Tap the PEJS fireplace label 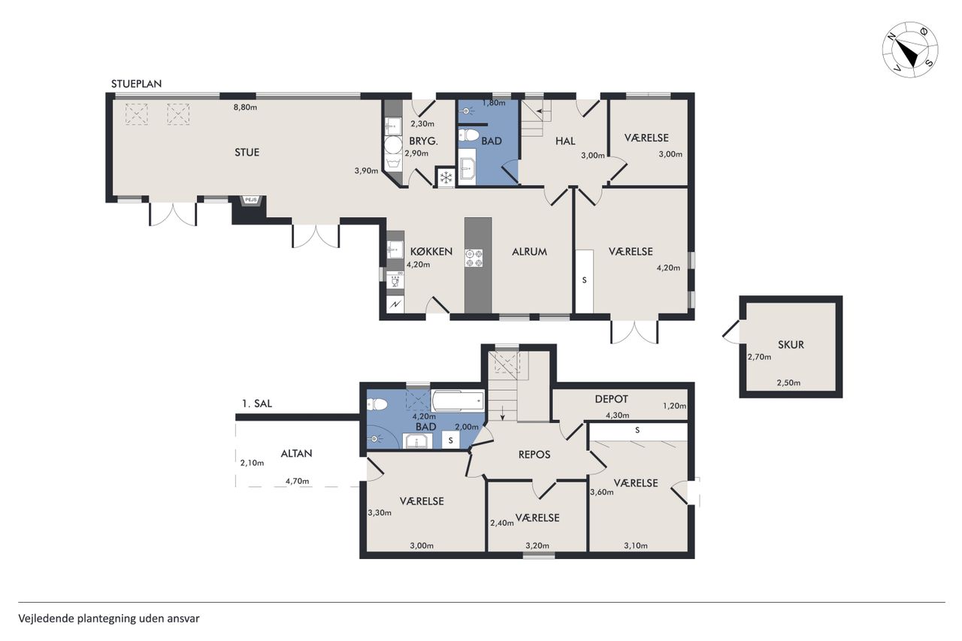point(251,200)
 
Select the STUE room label point(247,153)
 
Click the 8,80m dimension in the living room point(245,107)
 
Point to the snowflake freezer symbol point(446,177)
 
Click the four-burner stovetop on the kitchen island point(473,258)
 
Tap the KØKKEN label point(431,252)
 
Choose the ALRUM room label point(530,252)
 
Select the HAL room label point(565,141)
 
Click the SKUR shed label point(791,345)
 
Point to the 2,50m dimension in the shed point(788,383)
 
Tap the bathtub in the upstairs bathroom point(458,401)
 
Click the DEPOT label point(612,399)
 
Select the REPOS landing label point(534,455)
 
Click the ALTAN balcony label point(296,453)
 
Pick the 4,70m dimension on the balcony point(297,481)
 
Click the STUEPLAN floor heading point(137,83)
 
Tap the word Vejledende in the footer point(47,618)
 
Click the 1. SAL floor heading point(257,404)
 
